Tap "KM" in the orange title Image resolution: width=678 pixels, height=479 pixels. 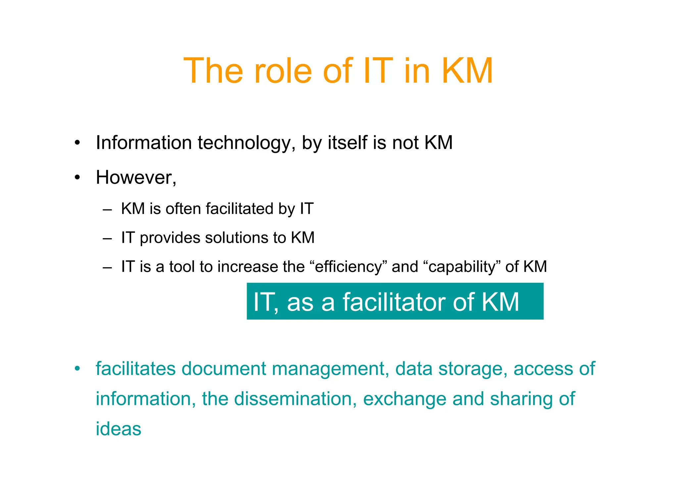467,71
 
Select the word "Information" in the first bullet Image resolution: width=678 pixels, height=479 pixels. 144,143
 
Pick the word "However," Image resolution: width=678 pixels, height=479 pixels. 136,178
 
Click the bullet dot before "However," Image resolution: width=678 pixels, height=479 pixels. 77,178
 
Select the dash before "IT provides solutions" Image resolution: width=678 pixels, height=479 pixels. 107,238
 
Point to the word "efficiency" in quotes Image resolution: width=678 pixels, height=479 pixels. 348,267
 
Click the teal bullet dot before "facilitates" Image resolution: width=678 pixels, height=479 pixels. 77,369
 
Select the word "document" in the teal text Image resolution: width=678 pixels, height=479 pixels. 223,369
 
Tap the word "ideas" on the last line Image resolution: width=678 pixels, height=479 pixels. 118,429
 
